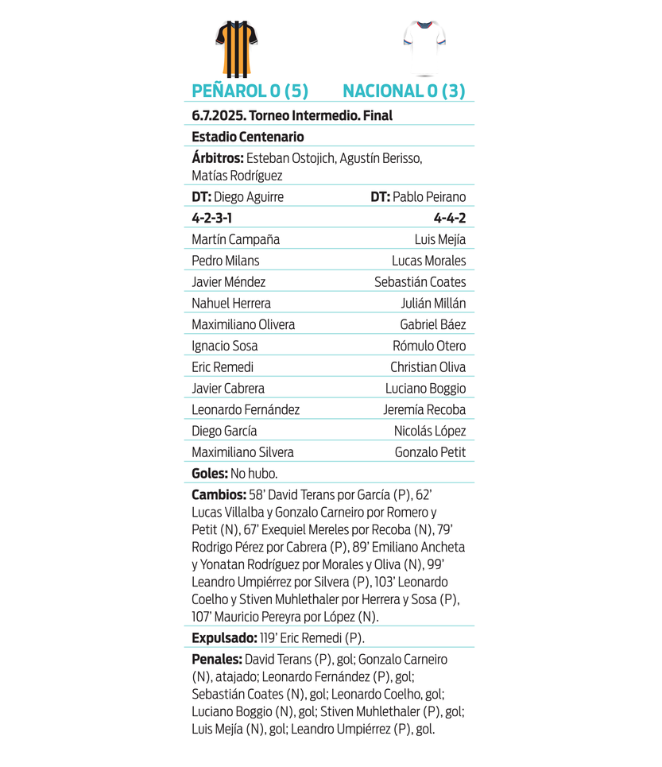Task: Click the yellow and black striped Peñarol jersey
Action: [237, 48]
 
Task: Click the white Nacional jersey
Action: [424, 45]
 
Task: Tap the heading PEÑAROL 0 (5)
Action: [250, 91]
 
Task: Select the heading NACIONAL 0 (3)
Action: [404, 91]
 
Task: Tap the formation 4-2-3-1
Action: [212, 218]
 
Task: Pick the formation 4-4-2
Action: [450, 218]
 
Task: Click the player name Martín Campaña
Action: [235, 239]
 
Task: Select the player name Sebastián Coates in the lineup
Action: [420, 282]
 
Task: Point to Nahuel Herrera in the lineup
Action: [231, 303]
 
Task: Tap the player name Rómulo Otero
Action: [429, 346]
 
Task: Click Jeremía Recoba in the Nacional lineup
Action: [424, 409]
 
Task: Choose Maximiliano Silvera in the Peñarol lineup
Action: [242, 452]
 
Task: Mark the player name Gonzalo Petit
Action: [430, 452]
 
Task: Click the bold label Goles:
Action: [210, 473]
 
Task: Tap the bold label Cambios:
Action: [219, 494]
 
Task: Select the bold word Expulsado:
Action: [224, 637]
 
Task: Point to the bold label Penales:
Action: [217, 659]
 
